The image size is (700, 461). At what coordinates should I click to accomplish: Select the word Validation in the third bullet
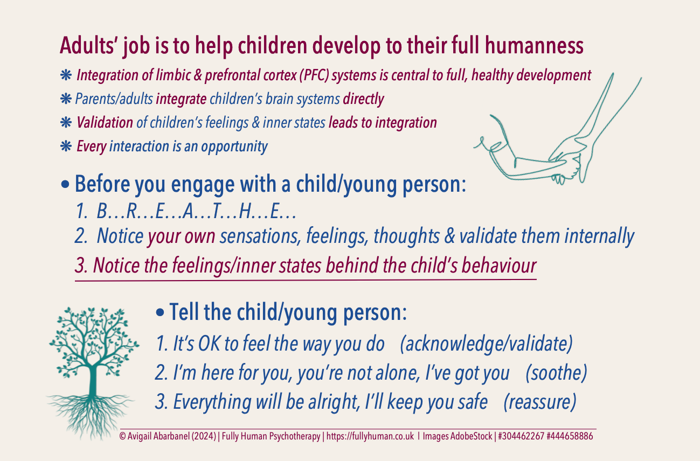[105, 122]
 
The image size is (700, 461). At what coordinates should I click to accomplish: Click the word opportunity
[234, 146]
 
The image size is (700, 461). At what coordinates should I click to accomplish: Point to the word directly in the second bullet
[363, 99]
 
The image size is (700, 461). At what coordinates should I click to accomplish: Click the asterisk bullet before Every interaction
[66, 146]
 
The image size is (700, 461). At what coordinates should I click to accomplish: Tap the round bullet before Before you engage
[65, 184]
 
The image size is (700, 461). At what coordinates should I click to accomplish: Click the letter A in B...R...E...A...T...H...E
[189, 212]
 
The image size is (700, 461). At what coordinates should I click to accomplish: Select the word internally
[599, 236]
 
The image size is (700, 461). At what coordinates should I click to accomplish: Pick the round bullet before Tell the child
[160, 312]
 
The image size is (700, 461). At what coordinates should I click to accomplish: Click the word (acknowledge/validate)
[486, 344]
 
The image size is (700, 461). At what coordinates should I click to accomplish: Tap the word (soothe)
[556, 373]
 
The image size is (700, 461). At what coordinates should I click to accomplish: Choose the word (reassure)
[540, 402]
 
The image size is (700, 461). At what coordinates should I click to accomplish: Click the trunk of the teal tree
[93, 380]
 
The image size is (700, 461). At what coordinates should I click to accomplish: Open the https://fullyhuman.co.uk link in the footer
[370, 436]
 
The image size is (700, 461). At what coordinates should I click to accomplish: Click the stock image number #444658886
[570, 436]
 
